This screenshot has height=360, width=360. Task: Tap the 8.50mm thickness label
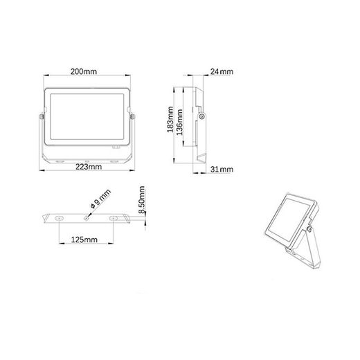[x=141, y=203]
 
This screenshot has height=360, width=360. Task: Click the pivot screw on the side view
[x=201, y=118]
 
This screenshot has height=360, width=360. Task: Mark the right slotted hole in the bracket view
[x=112, y=217]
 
